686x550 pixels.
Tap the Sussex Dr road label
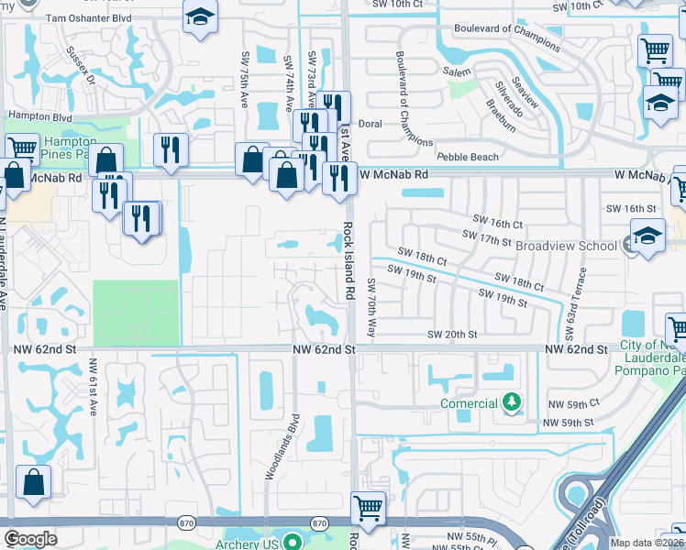pos(82,65)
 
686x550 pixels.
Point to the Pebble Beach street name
pos(468,157)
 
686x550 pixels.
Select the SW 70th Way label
pos(371,306)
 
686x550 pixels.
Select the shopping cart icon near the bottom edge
pos(368,506)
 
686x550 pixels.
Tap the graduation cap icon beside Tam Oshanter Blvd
pos(198,16)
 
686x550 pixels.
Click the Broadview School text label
pos(566,246)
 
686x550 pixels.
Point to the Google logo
pos(30,539)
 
